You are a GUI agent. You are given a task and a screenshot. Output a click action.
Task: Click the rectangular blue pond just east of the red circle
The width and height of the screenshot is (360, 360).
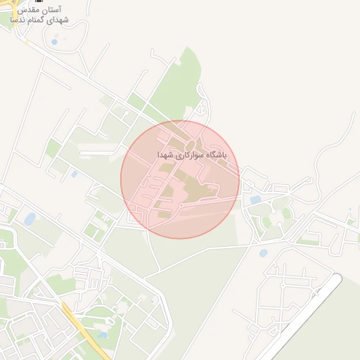click(255, 200)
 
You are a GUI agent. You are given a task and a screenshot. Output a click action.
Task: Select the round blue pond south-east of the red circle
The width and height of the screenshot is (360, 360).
click(263, 252)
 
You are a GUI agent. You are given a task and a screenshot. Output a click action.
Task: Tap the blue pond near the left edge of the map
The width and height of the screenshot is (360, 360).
click(30, 219)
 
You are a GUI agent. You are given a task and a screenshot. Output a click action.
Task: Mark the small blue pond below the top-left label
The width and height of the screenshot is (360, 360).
click(54, 41)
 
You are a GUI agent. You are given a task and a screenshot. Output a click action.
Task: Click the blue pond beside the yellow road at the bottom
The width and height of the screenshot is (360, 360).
click(103, 335)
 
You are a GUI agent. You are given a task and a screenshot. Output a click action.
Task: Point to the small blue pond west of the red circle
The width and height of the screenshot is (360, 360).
click(74, 174)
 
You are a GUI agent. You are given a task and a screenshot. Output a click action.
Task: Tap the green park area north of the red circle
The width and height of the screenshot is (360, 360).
click(179, 84)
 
